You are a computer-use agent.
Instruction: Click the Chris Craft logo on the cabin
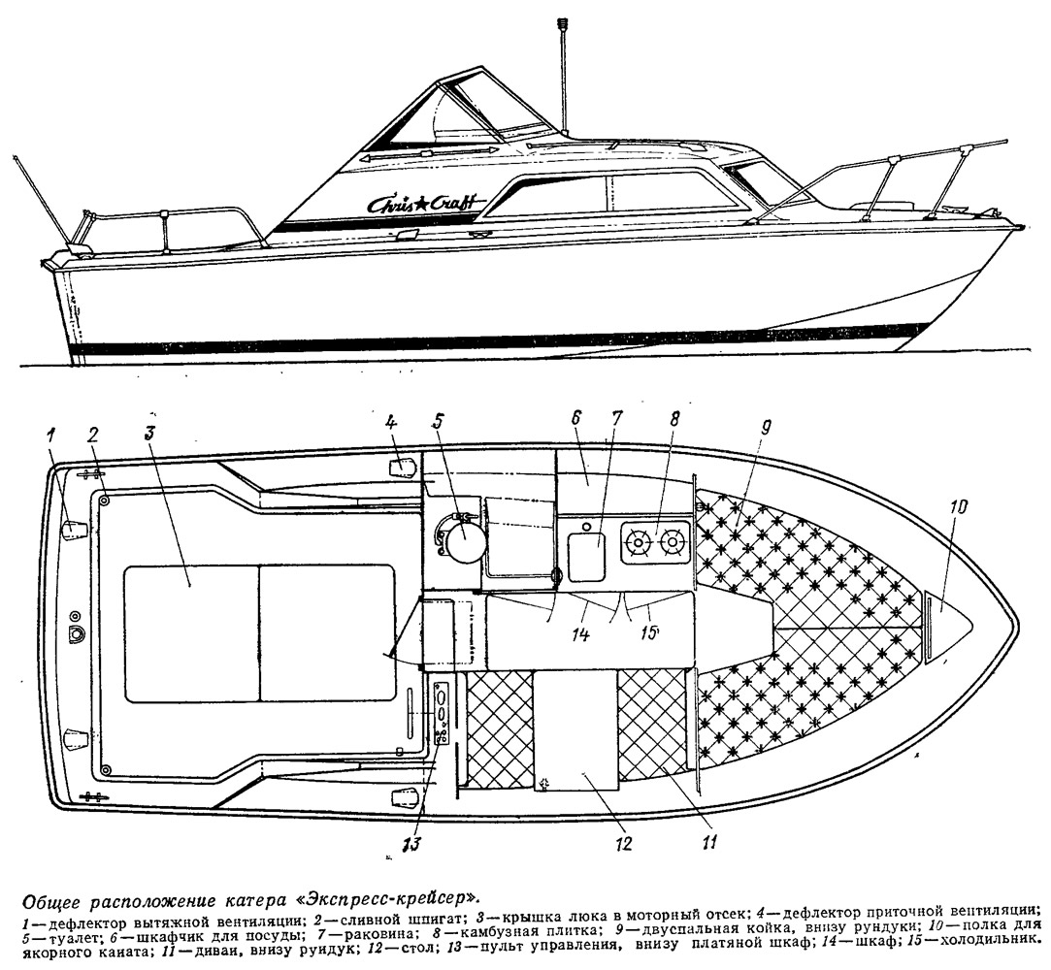419,202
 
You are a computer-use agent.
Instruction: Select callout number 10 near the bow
958,507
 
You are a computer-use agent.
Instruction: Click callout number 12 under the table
623,843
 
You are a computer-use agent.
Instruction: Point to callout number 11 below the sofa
709,840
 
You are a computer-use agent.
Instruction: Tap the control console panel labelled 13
442,713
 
